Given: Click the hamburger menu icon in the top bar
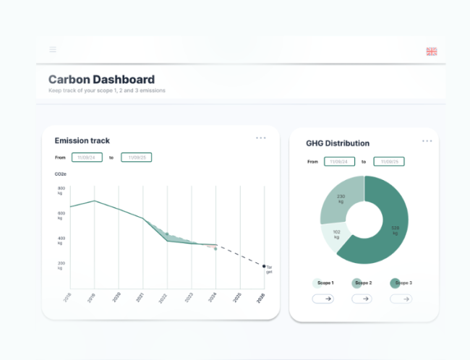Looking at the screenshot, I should tap(53, 50).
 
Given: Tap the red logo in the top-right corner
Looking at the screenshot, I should tap(432, 51).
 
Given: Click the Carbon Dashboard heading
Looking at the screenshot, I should tap(101, 80).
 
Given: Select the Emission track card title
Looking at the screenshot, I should tap(82, 140).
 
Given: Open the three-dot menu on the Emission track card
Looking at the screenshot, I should tap(261, 138).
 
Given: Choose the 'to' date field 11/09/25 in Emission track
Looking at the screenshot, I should tap(136, 157).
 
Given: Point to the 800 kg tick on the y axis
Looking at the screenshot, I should tap(61, 191).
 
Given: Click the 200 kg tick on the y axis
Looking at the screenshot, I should tap(61, 265).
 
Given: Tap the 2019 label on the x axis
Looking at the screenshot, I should tap(90, 296).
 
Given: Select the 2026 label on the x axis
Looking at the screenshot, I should tap(261, 296).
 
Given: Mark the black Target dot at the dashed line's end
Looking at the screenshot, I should tap(264, 266).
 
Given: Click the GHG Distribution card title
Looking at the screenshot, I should tap(338, 143).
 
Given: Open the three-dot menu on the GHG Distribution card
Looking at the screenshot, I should tap(427, 140).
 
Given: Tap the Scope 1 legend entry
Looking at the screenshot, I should tap(322, 283).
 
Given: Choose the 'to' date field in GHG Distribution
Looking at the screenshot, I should tap(388, 162).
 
